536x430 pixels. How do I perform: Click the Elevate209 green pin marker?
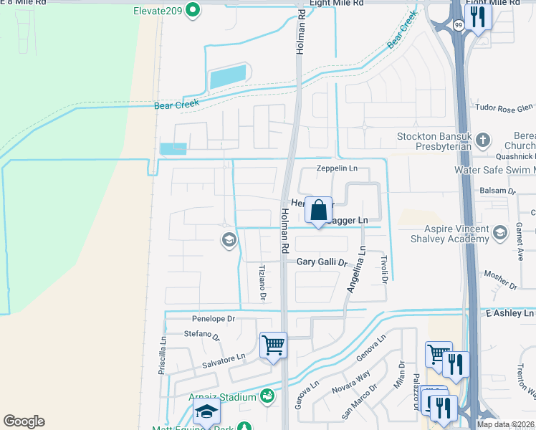pos(192,10)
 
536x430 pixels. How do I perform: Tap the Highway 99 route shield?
pos(457,25)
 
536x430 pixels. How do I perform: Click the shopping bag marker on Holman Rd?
pos(319,211)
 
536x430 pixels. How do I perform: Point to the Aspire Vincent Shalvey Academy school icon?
pos(500,231)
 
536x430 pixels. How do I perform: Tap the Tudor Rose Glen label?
pos(505,107)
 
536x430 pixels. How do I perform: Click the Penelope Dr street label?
pos(214,318)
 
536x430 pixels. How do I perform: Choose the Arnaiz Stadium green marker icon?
pos(267,395)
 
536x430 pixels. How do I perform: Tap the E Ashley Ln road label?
pos(510,314)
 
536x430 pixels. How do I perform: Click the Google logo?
pos(24,421)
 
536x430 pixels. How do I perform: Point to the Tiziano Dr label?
pos(262,280)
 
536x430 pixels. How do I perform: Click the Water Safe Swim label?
pos(494,170)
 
